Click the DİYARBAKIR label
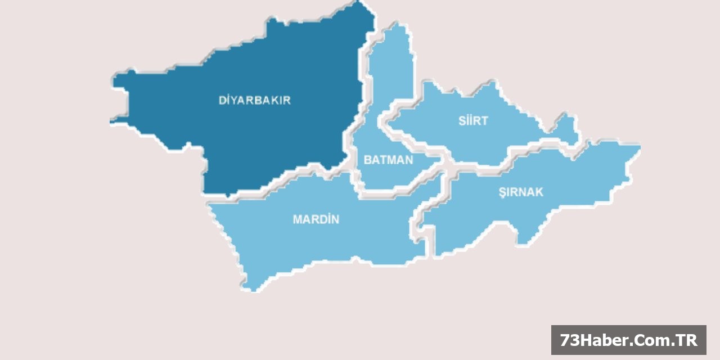click(254, 101)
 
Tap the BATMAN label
click(388, 160)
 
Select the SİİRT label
click(472, 121)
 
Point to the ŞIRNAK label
click(521, 192)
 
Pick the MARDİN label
click(316, 219)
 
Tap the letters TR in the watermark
click(687, 340)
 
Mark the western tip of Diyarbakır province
click(112, 120)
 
